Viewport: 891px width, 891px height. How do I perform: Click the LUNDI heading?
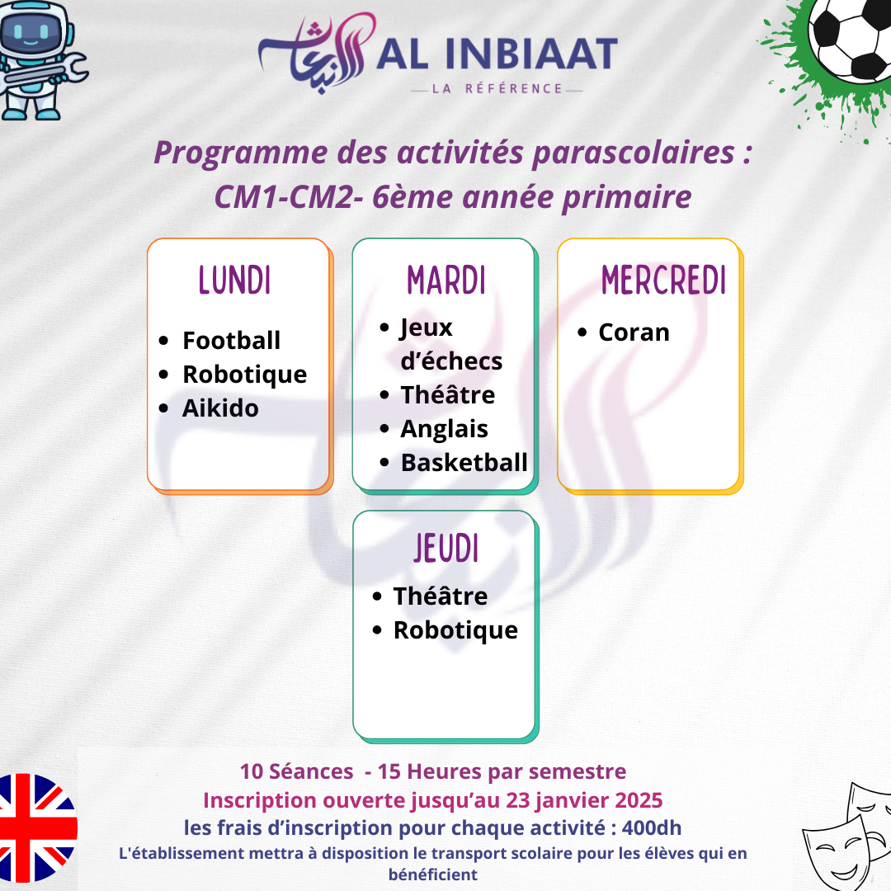point(234,280)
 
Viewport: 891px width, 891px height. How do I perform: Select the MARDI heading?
point(446,280)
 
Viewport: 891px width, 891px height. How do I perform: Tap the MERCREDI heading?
point(663,280)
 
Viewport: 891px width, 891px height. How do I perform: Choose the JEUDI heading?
point(446,548)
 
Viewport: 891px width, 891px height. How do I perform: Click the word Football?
point(231,341)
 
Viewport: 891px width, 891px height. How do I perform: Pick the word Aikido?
point(220,408)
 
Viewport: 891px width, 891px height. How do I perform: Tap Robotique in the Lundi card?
point(245,375)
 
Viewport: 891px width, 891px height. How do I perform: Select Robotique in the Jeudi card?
point(455,630)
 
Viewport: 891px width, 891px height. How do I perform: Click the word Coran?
point(634,332)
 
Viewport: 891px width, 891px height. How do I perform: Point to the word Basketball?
point(464,463)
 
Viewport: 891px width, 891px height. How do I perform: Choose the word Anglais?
point(445,429)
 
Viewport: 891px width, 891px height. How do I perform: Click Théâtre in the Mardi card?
point(448,394)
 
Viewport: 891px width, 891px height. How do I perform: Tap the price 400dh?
point(652,828)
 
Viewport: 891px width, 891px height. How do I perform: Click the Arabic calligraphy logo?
point(317,52)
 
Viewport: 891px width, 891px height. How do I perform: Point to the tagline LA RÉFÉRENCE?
point(497,88)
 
